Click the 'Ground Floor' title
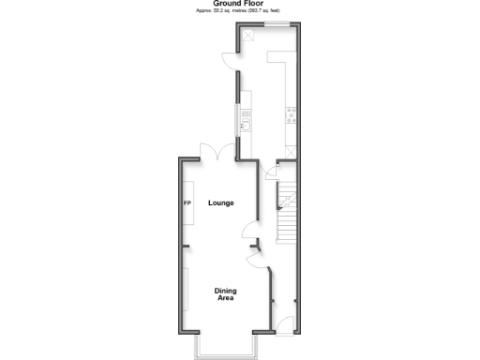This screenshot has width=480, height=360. click(239, 4)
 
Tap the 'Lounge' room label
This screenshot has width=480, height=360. click(220, 203)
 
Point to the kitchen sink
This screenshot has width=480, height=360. click(246, 120)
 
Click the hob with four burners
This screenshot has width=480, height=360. click(292, 116)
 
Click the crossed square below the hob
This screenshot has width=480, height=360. click(292, 149)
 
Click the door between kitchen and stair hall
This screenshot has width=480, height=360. click(272, 170)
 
